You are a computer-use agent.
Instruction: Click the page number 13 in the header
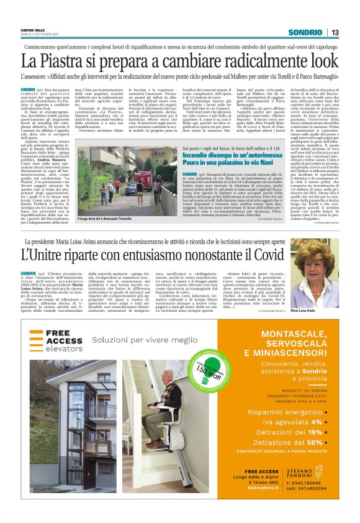335,32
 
